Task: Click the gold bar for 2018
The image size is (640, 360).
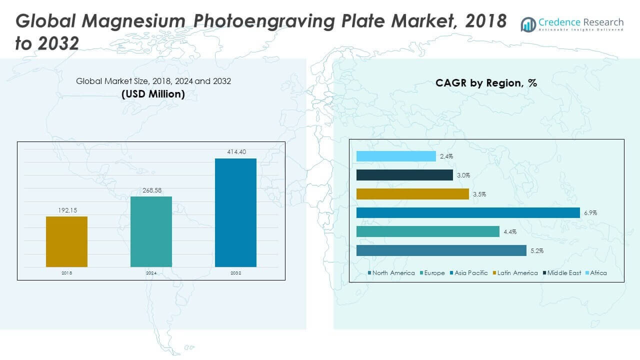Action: click(66, 241)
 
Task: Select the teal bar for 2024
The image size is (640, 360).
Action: click(151, 231)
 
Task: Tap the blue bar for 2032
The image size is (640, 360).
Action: click(235, 212)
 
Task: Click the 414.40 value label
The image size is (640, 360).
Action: click(235, 152)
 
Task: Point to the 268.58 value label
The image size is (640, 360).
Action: click(151, 190)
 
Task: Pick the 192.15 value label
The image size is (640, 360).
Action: click(66, 210)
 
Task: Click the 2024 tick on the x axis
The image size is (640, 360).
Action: click(151, 273)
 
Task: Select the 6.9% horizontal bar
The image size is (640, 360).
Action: click(468, 213)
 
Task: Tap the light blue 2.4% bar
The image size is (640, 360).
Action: click(396, 156)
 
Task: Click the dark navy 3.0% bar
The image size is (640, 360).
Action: click(404, 175)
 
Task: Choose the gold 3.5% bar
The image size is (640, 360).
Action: click(412, 194)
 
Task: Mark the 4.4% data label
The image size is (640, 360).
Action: click(510, 232)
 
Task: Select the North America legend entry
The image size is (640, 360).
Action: click(391, 273)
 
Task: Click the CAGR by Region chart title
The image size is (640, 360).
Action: click(486, 83)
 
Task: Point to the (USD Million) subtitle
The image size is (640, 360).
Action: click(153, 93)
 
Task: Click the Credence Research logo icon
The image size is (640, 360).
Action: click(528, 23)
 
